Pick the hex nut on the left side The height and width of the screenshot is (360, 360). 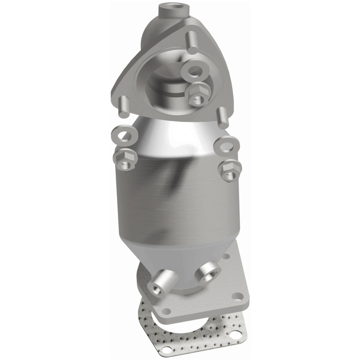click(122, 158)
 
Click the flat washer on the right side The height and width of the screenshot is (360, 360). click(223, 145)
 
